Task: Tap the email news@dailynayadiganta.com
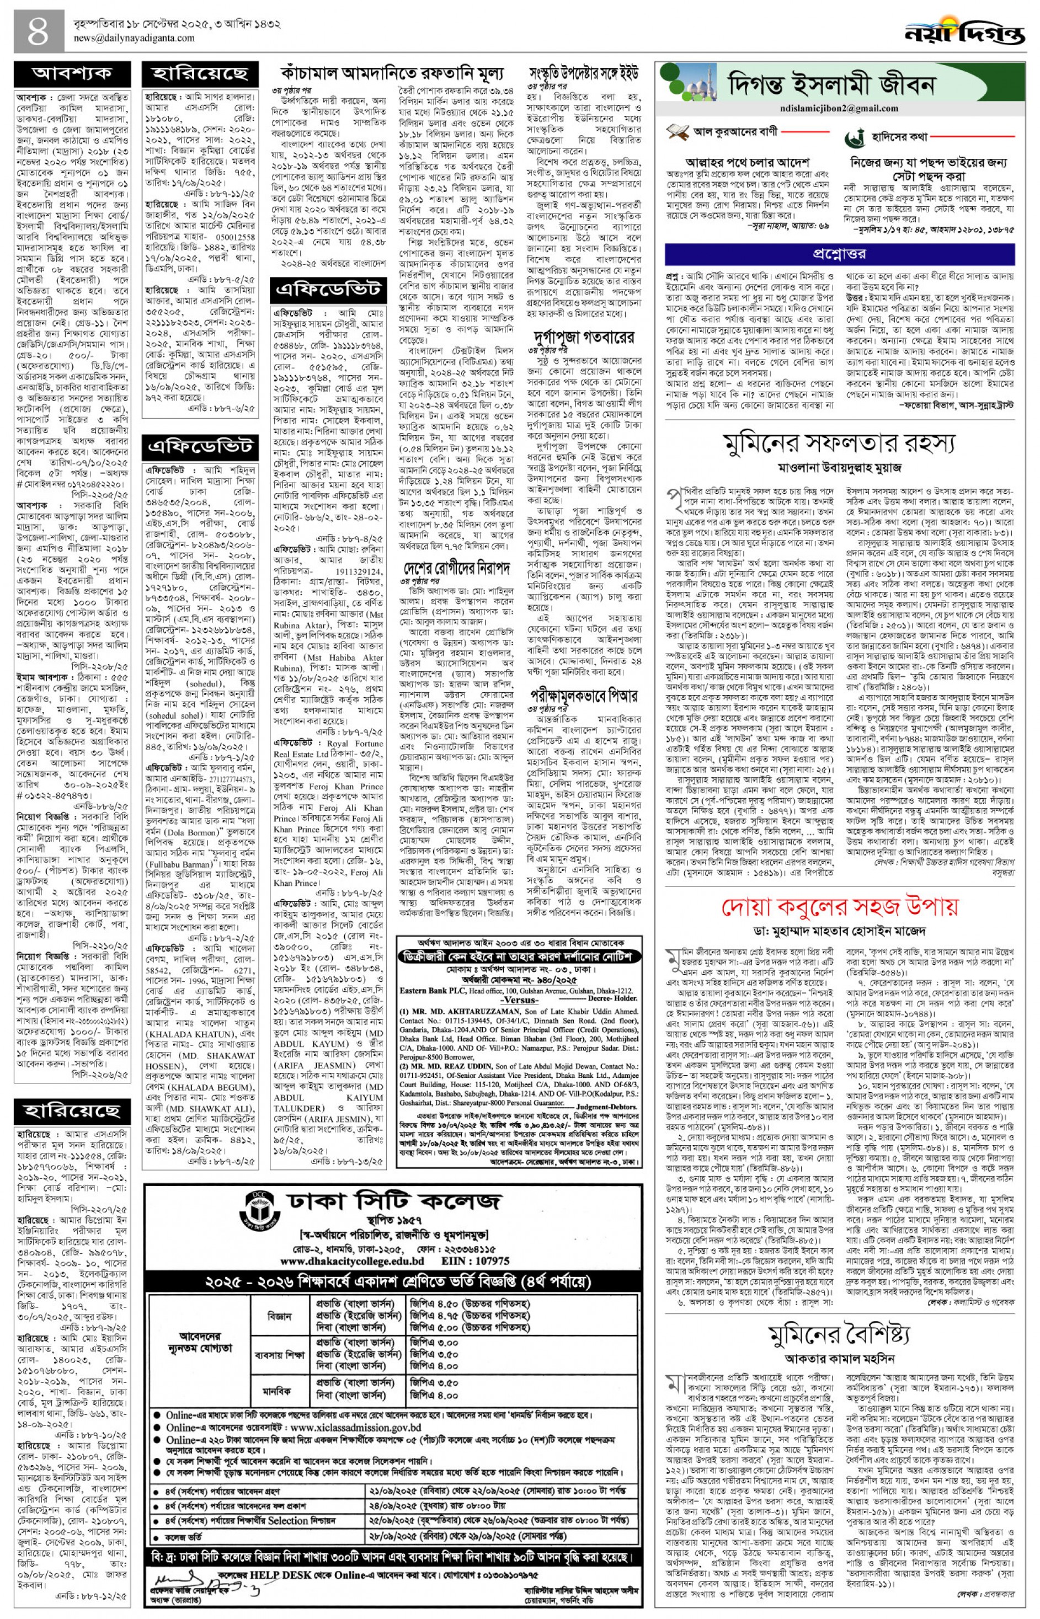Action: (135, 39)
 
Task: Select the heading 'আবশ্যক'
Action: (72, 73)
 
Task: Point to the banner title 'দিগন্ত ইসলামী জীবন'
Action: (831, 86)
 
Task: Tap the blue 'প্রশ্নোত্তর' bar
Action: (839, 253)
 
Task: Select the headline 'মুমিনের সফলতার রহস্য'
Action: (839, 443)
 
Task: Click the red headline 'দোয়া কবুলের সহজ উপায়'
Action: (839, 906)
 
